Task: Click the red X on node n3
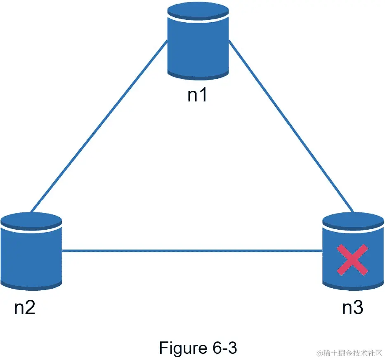click(x=352, y=260)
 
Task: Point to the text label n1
click(x=197, y=95)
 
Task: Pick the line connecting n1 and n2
click(x=99, y=124)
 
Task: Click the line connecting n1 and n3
click(x=291, y=126)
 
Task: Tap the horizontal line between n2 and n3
click(x=192, y=250)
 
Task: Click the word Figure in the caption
click(x=182, y=348)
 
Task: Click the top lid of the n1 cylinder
click(x=198, y=9)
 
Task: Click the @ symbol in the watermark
click(x=319, y=354)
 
